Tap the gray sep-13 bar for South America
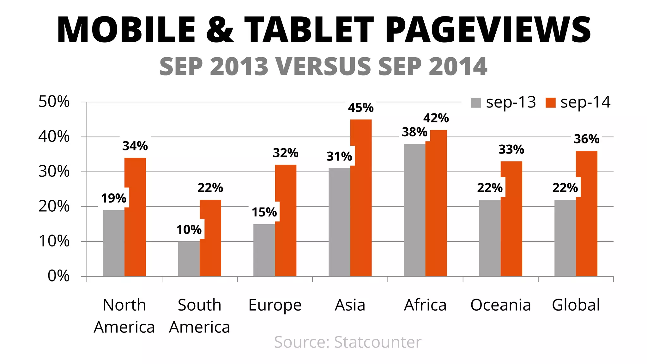pos(189,259)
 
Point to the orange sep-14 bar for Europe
pos(286,221)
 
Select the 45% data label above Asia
pos(361,108)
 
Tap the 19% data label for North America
pos(113,198)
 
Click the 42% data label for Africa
pos(436,118)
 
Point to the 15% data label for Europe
pos(264,212)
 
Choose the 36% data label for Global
pos(586,139)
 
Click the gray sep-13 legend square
pos(476,103)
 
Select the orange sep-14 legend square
pos(550,103)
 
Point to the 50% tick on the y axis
pos(54,102)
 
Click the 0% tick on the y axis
pos(58,276)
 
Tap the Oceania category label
pos(500,305)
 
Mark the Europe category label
pos(275,305)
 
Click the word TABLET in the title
pos(309,30)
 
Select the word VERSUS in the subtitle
pos(323,67)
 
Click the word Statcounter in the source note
pos(378,342)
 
